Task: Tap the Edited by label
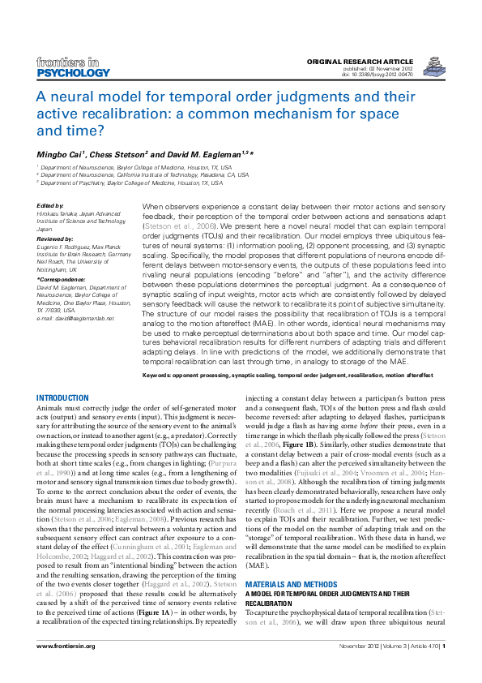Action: point(51,206)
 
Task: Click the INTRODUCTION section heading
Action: point(63,397)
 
